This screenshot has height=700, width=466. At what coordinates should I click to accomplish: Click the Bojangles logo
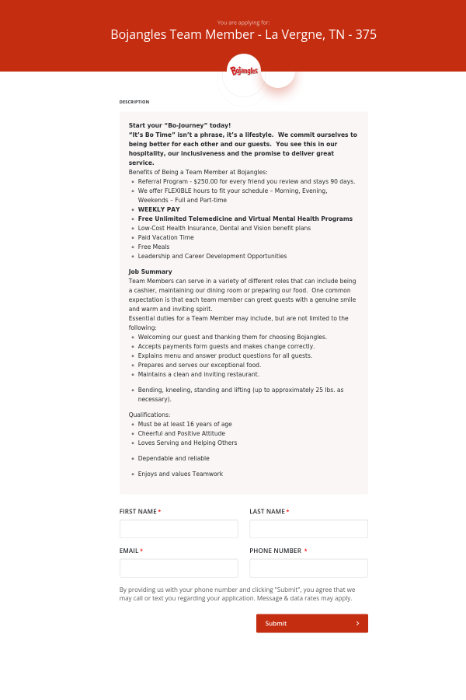point(244,71)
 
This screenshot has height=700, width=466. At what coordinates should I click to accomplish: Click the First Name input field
point(179,529)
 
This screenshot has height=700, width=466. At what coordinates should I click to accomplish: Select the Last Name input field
point(308,529)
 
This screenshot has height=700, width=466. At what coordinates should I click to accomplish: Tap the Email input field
point(179,568)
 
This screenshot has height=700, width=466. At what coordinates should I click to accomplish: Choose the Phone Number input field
point(308,568)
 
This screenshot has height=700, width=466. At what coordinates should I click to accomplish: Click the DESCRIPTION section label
point(134,102)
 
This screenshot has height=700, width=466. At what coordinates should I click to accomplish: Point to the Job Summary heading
point(151,271)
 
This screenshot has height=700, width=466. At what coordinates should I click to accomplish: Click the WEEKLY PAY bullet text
point(158,209)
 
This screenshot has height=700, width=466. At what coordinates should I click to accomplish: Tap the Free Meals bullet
point(154,247)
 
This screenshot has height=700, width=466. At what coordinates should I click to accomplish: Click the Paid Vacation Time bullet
point(166,237)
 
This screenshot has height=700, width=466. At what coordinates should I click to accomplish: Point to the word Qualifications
point(149,415)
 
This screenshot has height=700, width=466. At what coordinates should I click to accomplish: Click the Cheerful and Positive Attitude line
point(182,433)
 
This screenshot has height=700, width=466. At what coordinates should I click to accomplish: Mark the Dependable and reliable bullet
point(174,458)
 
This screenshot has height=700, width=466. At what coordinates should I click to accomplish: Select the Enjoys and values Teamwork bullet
point(180,474)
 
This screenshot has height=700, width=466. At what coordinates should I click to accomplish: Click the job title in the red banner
point(244,35)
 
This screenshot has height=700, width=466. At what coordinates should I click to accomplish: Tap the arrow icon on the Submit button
point(357,623)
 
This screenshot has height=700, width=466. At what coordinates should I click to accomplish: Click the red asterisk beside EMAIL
point(141,551)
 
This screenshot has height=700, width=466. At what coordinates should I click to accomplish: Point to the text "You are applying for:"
point(244,23)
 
